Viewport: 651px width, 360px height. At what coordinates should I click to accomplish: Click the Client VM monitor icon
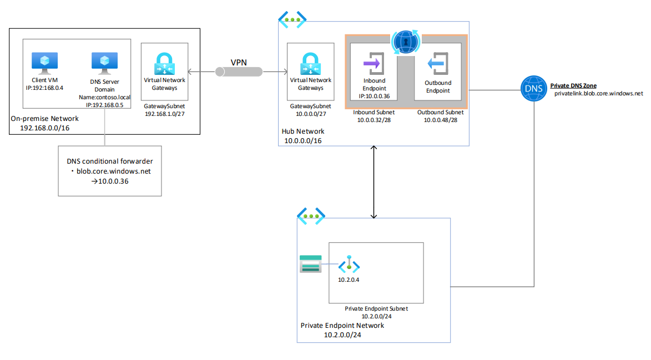tap(45, 63)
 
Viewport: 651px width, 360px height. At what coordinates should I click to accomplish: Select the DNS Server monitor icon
tap(104, 63)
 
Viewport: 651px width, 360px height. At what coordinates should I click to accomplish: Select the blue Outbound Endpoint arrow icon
tap(438, 64)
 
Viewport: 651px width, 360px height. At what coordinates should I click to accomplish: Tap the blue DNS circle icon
tap(533, 89)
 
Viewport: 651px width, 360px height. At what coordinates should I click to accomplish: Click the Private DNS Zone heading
tap(573, 86)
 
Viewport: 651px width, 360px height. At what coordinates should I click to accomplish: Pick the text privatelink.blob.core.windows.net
tap(598, 94)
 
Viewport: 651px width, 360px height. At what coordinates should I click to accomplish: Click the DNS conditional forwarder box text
tap(110, 171)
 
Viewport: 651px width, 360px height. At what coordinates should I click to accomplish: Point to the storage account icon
tap(310, 264)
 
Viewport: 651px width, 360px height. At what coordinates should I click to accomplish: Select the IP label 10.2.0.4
tap(349, 280)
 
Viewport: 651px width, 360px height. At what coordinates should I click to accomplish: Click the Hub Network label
tap(303, 131)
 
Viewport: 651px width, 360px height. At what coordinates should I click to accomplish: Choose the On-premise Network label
tap(44, 119)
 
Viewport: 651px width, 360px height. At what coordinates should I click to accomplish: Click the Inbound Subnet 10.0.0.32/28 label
tap(374, 116)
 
